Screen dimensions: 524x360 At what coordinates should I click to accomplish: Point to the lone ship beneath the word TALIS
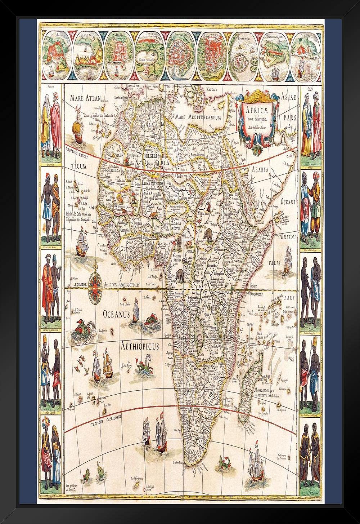pyautogui.click(x=287, y=259)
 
